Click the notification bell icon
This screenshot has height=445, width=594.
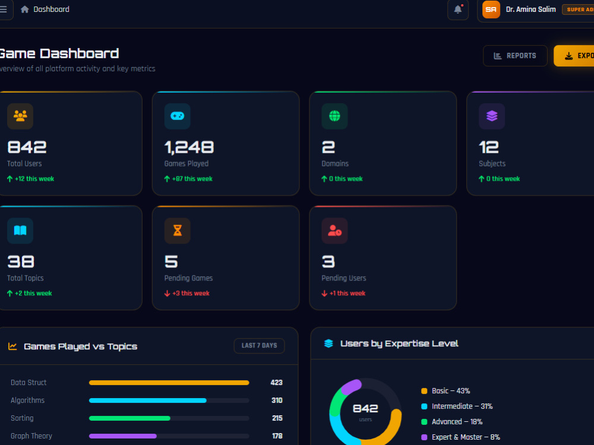(x=457, y=10)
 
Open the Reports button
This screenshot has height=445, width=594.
(x=515, y=56)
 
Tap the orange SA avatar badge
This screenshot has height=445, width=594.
(x=491, y=10)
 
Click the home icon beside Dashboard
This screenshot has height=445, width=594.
(x=24, y=9)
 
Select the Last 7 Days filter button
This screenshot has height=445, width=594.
(x=259, y=346)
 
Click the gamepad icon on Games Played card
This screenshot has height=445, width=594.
(x=177, y=116)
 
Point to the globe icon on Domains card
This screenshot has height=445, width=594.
(x=334, y=116)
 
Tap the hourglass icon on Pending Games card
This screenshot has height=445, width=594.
(x=177, y=231)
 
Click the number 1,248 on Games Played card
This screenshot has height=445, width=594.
(x=189, y=147)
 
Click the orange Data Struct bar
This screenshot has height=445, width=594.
(x=169, y=383)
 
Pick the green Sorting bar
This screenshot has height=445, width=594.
(x=129, y=418)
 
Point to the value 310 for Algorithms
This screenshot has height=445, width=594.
(x=277, y=400)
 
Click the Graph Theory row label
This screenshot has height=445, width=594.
(x=31, y=436)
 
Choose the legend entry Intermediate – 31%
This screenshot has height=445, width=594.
(x=462, y=406)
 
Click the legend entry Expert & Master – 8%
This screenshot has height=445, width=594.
(x=466, y=437)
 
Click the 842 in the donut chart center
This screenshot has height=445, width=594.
(x=365, y=409)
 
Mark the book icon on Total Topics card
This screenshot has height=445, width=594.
(x=20, y=231)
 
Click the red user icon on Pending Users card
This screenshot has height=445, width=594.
(x=334, y=231)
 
